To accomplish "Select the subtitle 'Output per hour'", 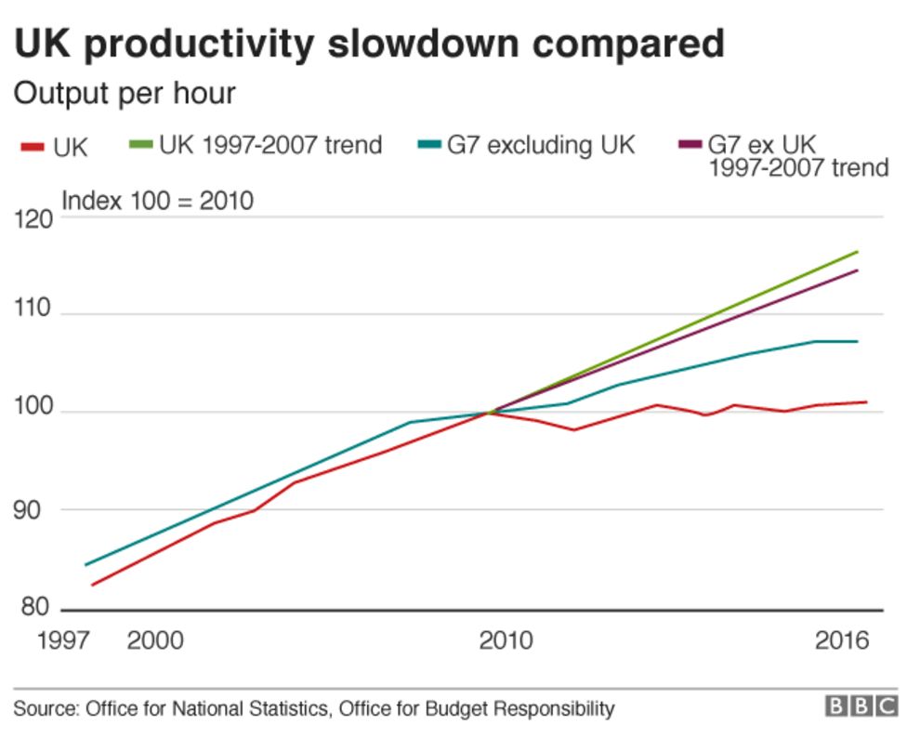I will point(124,94).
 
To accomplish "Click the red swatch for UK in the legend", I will point(32,146).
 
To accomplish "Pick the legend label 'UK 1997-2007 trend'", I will point(270,145).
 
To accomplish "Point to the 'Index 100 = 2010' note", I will point(157,200).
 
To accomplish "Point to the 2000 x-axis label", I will point(154,641).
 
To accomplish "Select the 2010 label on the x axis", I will point(506,641).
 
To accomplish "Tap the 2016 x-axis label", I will point(841,641).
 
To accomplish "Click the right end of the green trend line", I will point(857,252).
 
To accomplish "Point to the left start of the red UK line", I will point(91,585).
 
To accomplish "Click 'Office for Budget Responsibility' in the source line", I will point(477,709).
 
